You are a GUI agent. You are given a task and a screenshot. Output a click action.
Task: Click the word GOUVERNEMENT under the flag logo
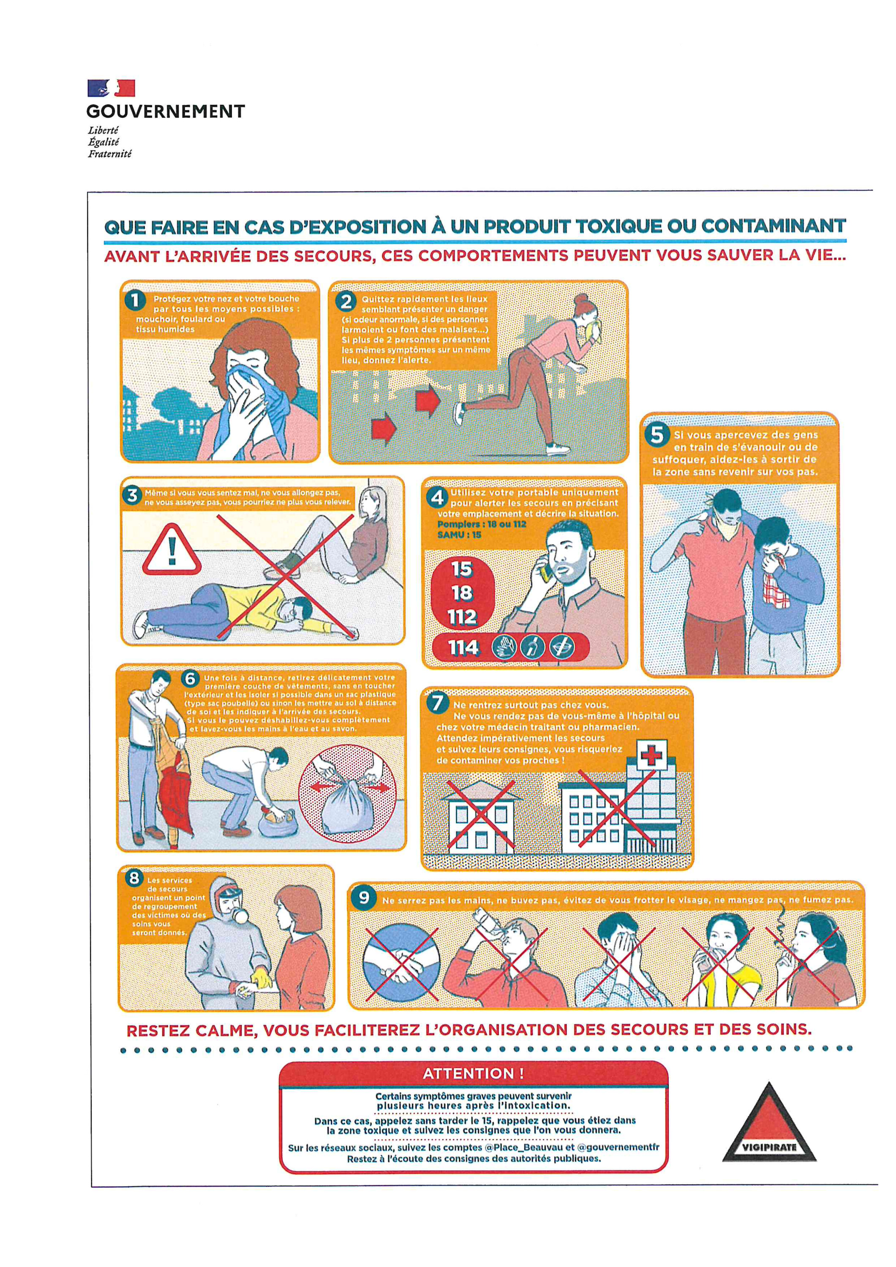(166, 111)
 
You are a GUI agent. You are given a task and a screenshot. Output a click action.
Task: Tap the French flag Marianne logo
(111, 88)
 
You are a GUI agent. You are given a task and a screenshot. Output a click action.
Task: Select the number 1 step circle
(135, 301)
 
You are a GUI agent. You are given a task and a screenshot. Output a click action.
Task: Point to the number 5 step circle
(656, 435)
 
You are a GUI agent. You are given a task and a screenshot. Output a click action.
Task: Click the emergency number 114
(463, 648)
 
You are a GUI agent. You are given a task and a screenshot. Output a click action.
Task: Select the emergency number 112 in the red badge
(462, 616)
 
